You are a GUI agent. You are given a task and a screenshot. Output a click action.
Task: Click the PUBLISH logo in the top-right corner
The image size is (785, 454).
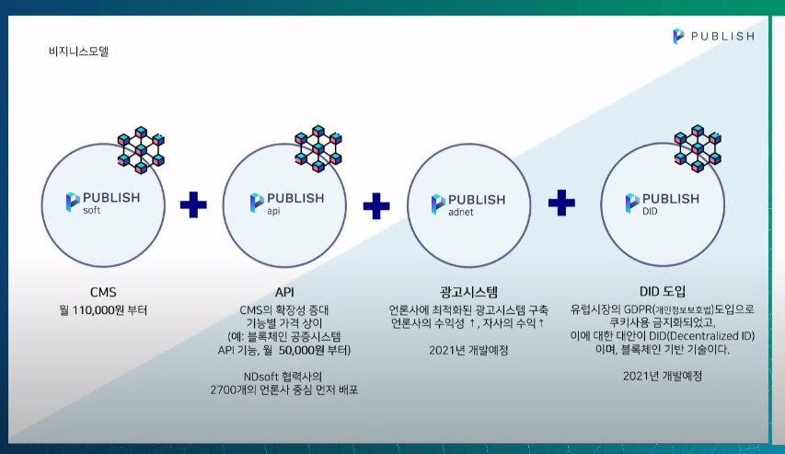pyautogui.click(x=713, y=36)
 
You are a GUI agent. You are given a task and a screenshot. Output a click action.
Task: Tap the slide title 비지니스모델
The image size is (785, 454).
pyautogui.click(x=78, y=52)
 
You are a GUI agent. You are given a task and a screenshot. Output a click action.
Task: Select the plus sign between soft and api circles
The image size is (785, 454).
pyautogui.click(x=193, y=204)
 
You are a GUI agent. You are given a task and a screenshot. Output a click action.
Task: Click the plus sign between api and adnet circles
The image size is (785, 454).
pyautogui.click(x=376, y=205)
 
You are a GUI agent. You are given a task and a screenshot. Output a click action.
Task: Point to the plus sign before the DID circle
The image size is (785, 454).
pyautogui.click(x=561, y=203)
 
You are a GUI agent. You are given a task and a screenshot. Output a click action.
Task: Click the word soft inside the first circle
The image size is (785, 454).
pyautogui.click(x=92, y=211)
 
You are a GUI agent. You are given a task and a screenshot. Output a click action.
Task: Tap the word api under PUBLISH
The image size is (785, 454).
pyautogui.click(x=273, y=212)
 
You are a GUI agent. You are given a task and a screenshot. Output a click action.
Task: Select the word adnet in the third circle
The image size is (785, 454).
pyautogui.click(x=461, y=213)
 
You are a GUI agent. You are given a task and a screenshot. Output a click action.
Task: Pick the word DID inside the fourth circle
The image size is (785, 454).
pyautogui.click(x=650, y=212)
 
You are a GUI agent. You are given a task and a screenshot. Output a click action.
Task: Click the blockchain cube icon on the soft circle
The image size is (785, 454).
pyautogui.click(x=141, y=150)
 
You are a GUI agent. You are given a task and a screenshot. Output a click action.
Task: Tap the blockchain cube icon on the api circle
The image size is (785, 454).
pyautogui.click(x=318, y=149)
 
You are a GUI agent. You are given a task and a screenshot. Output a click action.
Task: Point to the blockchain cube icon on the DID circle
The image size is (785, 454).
pyautogui.click(x=698, y=148)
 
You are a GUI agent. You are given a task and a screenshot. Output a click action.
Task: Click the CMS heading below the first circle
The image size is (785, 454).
pyautogui.click(x=103, y=292)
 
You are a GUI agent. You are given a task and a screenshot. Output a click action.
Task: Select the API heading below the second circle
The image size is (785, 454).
pyautogui.click(x=284, y=292)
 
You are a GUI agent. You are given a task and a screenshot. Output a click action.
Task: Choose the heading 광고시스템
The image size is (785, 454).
pyautogui.click(x=468, y=292)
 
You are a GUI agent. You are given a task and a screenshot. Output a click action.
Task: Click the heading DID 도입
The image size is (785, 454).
pyautogui.click(x=663, y=291)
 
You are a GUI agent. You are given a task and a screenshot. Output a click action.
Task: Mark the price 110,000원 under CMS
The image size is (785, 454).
pyautogui.click(x=98, y=310)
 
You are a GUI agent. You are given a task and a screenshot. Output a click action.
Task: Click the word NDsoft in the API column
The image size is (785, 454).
pyautogui.click(x=260, y=377)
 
